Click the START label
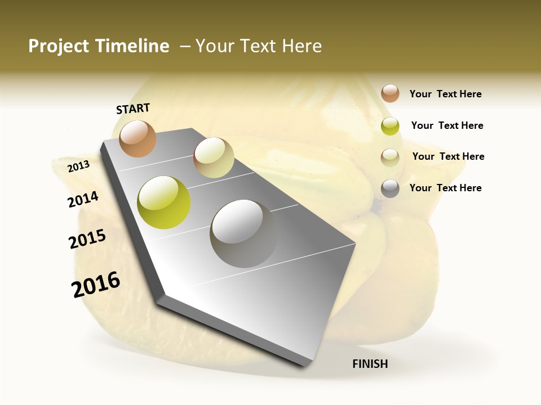point(133,109)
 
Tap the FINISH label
point(370,364)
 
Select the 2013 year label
point(78,166)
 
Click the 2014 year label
point(83,200)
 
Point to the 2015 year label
point(87,239)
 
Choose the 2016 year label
point(96,285)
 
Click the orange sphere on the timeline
point(138,138)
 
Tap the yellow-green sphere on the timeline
point(163,202)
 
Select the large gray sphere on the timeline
point(243,233)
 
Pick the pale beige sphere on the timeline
point(214,157)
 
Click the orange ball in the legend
point(390,93)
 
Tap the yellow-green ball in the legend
point(390,126)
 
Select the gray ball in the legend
point(390,188)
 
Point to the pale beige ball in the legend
point(390,157)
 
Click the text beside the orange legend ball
point(445,94)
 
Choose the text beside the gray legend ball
point(445,188)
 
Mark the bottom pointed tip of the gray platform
point(304,366)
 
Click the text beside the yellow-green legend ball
point(447,125)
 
